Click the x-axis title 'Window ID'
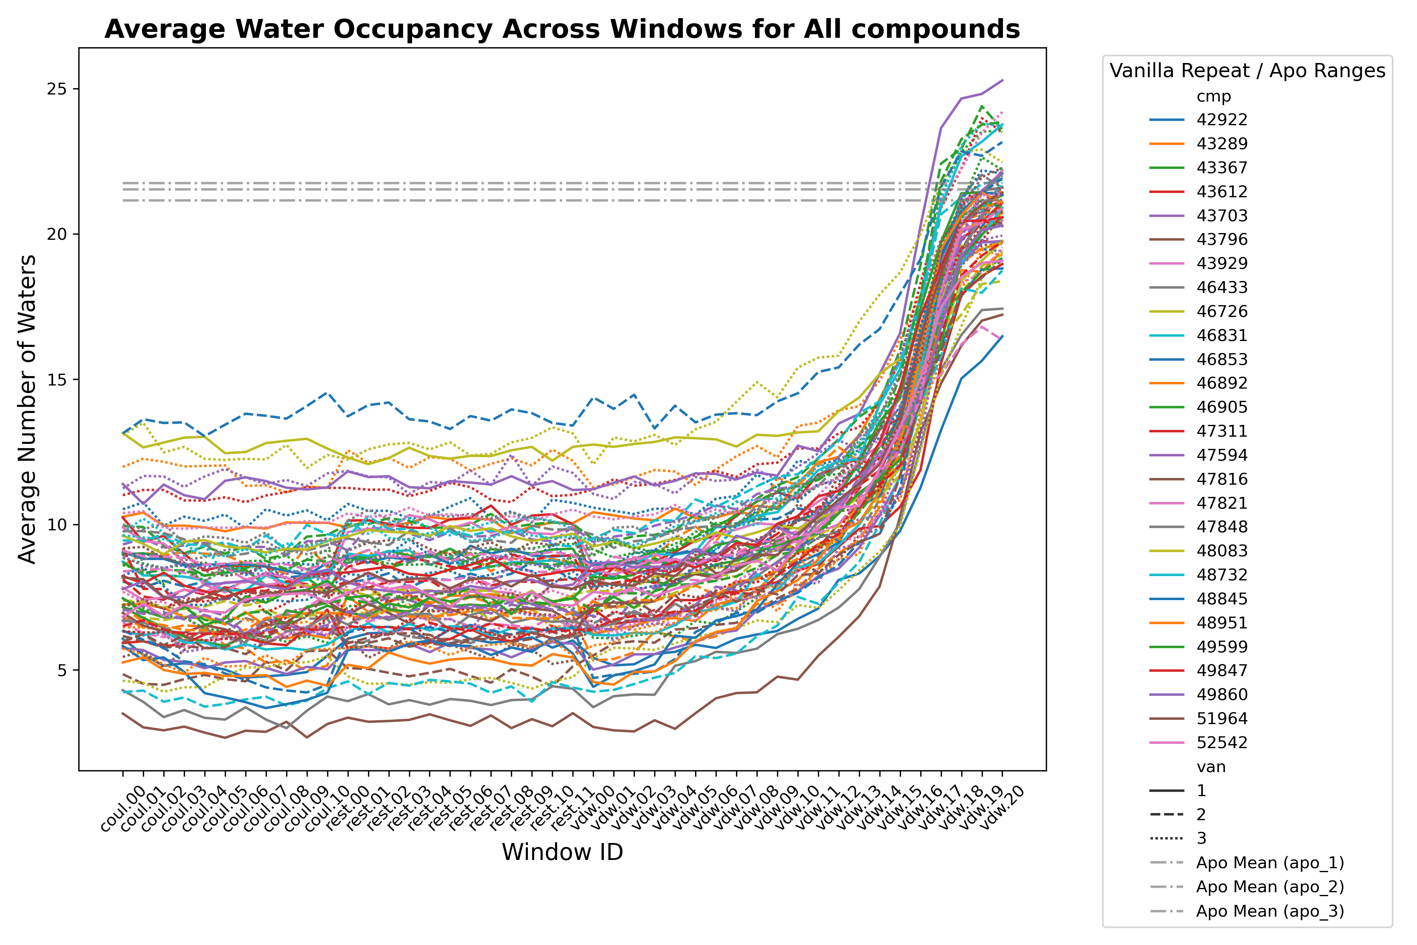(x=562, y=852)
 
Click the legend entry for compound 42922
(x=1221, y=119)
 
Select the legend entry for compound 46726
(x=1221, y=311)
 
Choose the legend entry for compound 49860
(x=1221, y=694)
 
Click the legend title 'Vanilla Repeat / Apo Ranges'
(x=1247, y=70)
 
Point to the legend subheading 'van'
(x=1211, y=767)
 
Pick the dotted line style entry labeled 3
(x=1201, y=838)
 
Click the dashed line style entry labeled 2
(x=1201, y=814)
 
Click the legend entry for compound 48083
(x=1221, y=550)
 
